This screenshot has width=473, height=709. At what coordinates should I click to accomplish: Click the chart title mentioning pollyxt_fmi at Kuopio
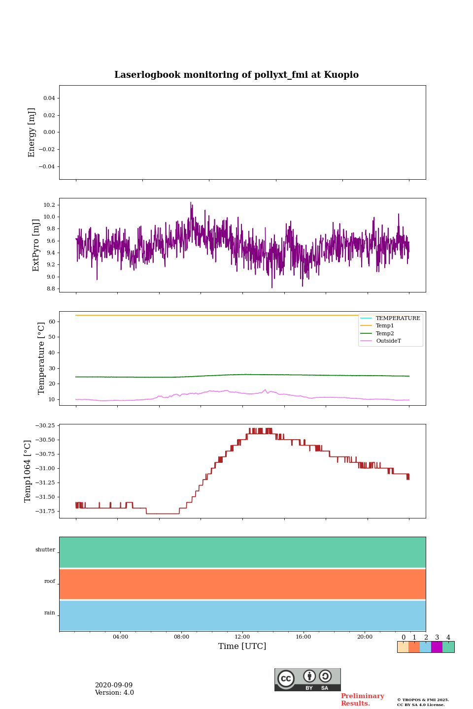click(x=236, y=75)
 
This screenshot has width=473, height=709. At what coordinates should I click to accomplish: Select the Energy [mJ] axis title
click(x=32, y=132)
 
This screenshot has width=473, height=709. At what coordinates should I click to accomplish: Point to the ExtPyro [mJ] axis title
click(x=36, y=245)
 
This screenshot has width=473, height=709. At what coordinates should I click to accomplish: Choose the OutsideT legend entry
click(x=388, y=341)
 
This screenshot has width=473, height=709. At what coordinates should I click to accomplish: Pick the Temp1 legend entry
click(x=385, y=326)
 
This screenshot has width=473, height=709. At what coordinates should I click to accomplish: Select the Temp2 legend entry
click(x=385, y=333)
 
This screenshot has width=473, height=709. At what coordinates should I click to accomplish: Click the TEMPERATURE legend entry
click(x=398, y=318)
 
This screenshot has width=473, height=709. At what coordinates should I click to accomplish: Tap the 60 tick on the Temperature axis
click(x=52, y=322)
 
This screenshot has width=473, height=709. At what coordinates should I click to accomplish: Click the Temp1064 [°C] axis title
click(x=28, y=471)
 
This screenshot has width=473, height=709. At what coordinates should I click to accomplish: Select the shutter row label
click(x=45, y=550)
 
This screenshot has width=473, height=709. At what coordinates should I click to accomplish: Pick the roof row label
click(x=50, y=581)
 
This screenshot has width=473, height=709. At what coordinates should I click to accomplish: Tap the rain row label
click(x=50, y=613)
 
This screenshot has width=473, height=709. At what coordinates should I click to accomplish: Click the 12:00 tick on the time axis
click(x=242, y=637)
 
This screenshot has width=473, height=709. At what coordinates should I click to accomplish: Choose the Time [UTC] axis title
click(x=242, y=646)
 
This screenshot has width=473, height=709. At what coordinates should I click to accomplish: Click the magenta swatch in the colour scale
click(x=437, y=647)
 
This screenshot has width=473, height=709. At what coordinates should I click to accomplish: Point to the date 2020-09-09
click(x=114, y=685)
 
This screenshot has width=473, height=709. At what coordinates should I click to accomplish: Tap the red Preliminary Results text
click(x=362, y=700)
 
